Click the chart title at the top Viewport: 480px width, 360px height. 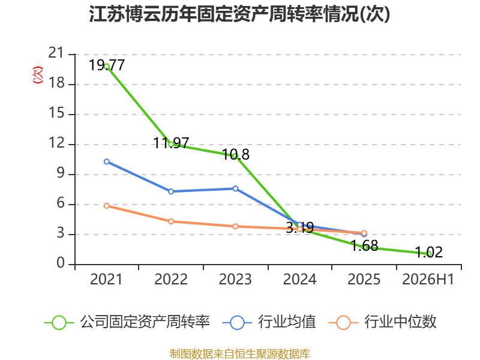click(239, 14)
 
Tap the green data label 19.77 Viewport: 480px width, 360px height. click(107, 65)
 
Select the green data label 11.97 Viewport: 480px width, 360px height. click(171, 143)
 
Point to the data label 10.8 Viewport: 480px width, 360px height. click(236, 154)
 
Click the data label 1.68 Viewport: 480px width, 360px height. click(364, 245)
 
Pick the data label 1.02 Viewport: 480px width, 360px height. click(429, 252)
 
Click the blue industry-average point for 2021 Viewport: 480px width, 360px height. click(107, 161)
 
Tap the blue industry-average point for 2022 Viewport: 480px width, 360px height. click(171, 191)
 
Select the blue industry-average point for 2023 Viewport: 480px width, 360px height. click(235, 188)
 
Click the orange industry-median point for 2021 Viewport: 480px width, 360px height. click(107, 206)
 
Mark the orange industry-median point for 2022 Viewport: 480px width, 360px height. click(171, 221)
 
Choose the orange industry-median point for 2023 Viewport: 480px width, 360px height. click(235, 227)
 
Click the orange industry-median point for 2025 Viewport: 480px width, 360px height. click(364, 233)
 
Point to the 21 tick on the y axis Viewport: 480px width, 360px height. click(56, 53)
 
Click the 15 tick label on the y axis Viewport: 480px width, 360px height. click(56, 113)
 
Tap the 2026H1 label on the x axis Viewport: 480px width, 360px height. click(428, 280)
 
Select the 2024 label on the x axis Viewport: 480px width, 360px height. click(299, 280)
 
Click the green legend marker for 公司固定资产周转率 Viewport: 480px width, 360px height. click(59, 323)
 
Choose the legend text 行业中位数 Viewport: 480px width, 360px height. click(400, 322)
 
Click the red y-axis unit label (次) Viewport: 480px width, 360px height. click(38, 74)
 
